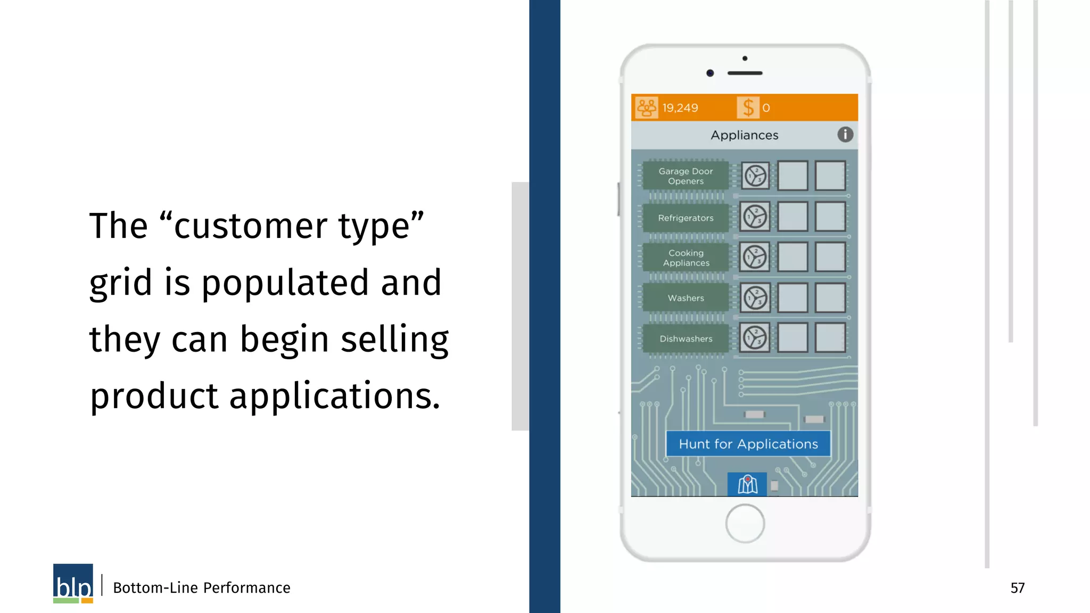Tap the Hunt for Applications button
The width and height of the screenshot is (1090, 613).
click(748, 444)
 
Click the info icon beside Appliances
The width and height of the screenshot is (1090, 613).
click(845, 135)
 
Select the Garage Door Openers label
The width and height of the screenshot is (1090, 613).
click(686, 176)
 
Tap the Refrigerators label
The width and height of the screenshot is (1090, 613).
click(686, 218)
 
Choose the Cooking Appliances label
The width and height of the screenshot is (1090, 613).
click(686, 258)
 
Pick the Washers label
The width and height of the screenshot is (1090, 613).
click(686, 299)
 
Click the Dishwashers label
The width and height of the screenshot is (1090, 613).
click(686, 339)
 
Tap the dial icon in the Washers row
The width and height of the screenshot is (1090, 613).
click(755, 298)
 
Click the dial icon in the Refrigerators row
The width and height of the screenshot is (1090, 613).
click(755, 217)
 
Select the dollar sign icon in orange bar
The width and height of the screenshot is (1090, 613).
click(748, 107)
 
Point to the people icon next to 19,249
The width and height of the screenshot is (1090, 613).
click(647, 107)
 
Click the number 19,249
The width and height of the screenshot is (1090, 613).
click(680, 108)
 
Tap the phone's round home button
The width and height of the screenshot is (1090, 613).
click(745, 524)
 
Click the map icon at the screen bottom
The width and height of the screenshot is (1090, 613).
click(747, 484)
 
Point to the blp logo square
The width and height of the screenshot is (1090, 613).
click(73, 583)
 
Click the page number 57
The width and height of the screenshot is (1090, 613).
click(1017, 588)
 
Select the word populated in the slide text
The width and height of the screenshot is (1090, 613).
click(285, 283)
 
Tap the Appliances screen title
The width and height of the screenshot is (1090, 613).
click(744, 135)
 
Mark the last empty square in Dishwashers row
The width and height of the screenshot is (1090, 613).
click(830, 338)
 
